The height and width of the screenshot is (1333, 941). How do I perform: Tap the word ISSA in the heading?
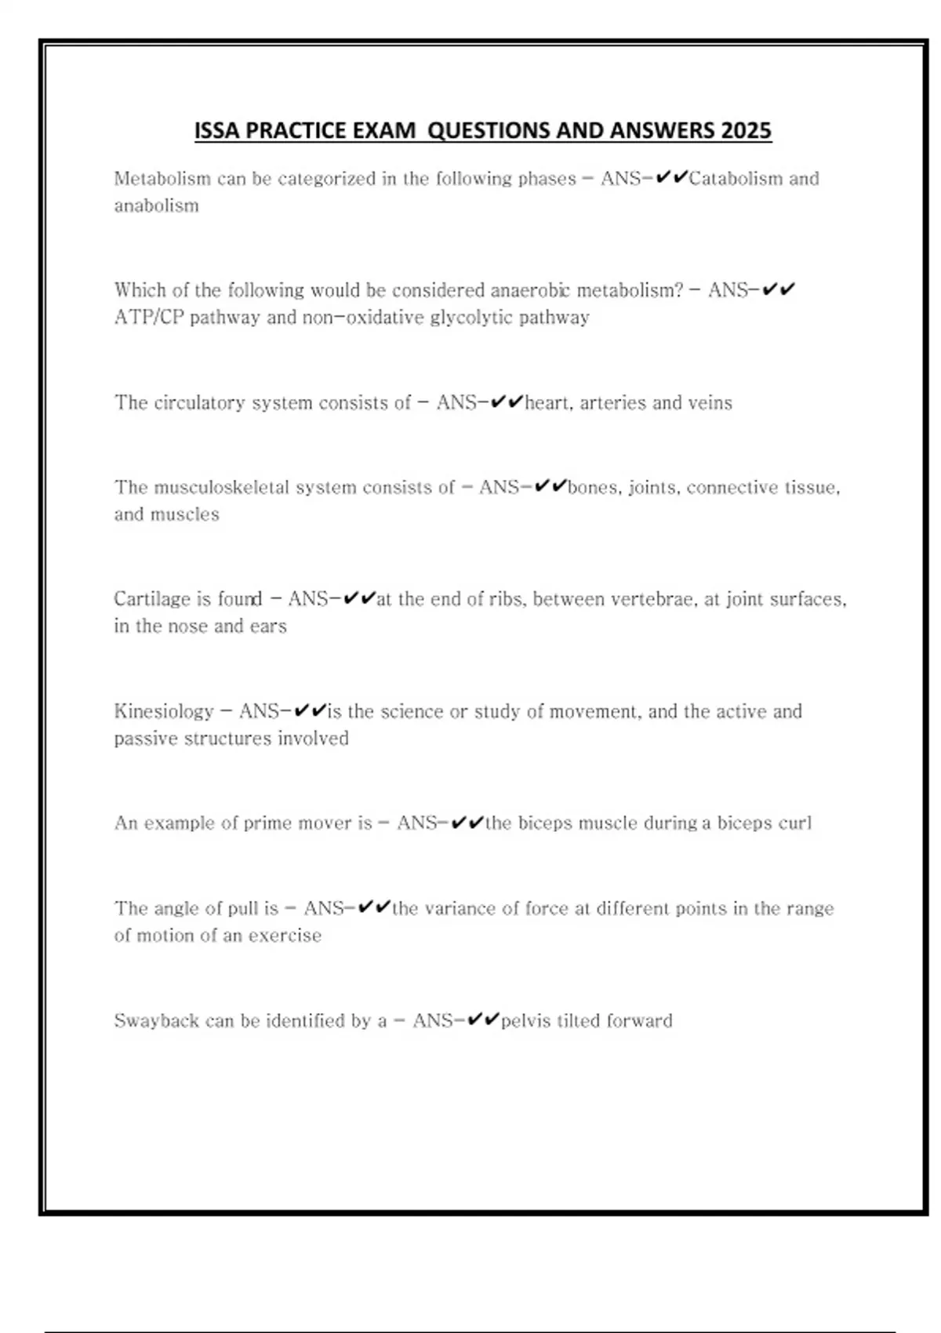217,130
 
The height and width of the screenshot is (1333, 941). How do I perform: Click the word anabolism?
156,206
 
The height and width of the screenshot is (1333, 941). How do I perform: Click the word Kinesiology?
163,711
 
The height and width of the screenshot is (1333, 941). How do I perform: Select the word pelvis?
525,1021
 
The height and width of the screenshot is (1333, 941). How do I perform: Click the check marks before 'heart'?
506,402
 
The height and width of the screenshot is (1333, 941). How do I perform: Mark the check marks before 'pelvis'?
482,1020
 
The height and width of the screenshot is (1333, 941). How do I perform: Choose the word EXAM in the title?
384,130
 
